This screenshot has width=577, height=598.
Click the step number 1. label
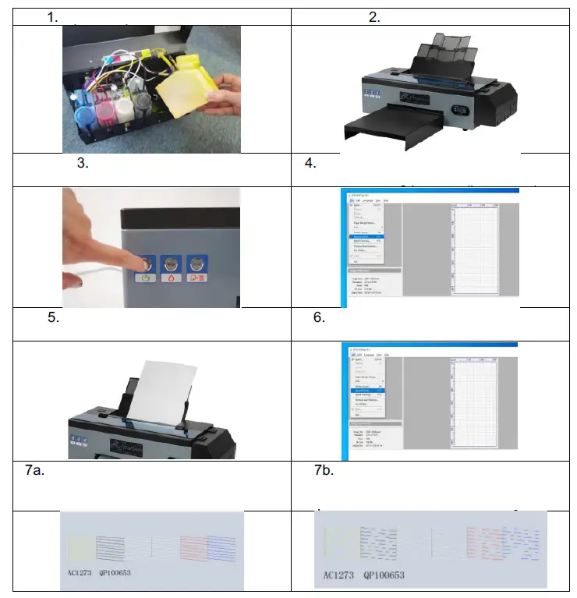(x=52, y=17)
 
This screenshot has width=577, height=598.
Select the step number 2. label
(x=374, y=17)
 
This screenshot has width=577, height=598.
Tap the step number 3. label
(x=83, y=165)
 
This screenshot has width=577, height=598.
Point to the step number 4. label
(x=310, y=165)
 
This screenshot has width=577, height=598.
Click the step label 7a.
(x=35, y=471)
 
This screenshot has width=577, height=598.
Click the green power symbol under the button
(x=146, y=278)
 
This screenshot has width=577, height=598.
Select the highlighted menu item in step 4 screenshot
(x=365, y=236)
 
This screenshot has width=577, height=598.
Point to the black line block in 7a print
(x=112, y=548)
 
